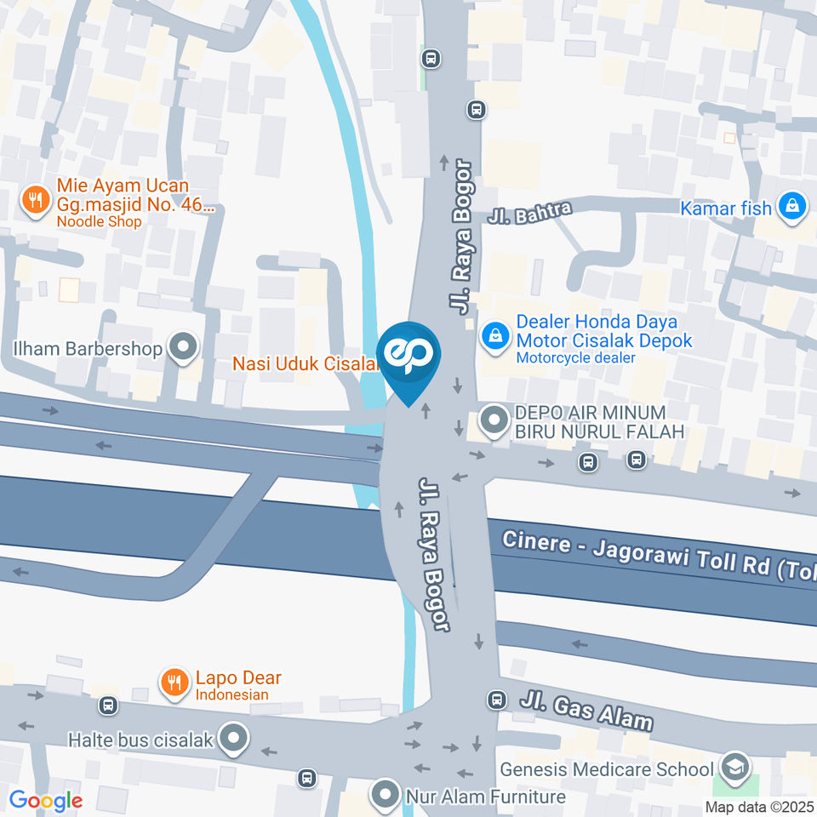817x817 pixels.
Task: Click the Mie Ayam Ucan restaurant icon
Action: tap(34, 201)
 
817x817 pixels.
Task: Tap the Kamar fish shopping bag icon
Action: tap(792, 206)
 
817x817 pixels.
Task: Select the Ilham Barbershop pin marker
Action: tap(181, 347)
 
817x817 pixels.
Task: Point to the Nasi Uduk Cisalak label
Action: tap(305, 364)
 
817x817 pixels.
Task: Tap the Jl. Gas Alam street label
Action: tap(586, 710)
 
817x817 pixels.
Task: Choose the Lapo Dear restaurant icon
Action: tap(174, 682)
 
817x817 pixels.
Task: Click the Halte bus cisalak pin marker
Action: tap(231, 738)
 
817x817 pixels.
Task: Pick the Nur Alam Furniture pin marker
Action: tap(386, 796)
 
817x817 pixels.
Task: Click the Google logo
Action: tap(46, 801)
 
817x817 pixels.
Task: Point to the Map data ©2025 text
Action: tap(759, 807)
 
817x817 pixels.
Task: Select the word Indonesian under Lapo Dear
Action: tap(231, 694)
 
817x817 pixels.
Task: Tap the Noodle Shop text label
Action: tap(99, 221)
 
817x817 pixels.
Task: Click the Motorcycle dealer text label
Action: tap(575, 357)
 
